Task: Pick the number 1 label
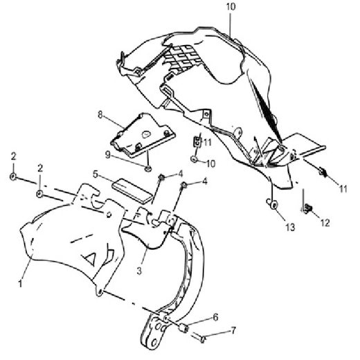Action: coord(20,283)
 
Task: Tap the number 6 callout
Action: coord(215,317)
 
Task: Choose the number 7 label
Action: coord(233,330)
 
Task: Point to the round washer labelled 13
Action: coord(273,204)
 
